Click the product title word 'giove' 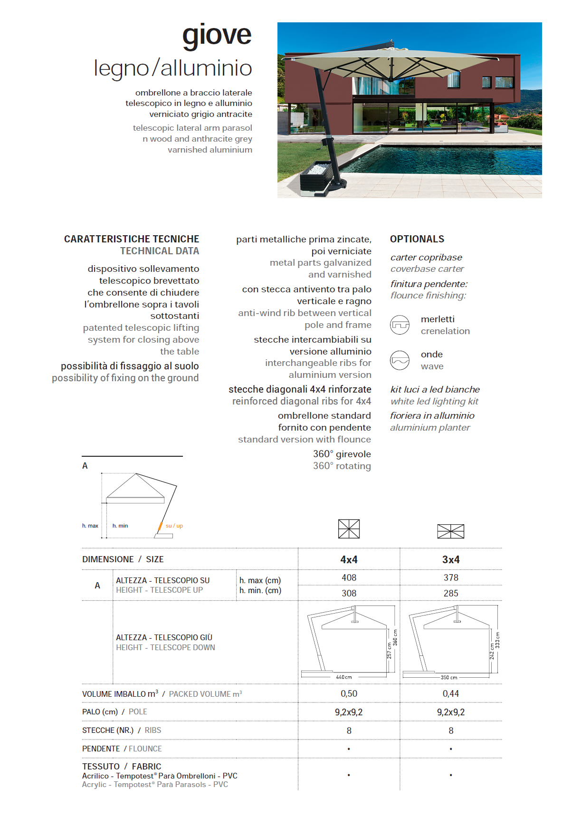pos(217,35)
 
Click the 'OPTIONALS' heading pos(417,239)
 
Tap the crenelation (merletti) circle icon pos(400,325)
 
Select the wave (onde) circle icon pos(400,360)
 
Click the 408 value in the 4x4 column pos(349,577)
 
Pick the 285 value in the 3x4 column pos(451,593)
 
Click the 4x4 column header pos(349,559)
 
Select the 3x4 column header pos(451,559)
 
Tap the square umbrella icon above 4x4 pos(349,529)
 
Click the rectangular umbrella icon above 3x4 pos(450,531)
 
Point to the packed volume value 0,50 pos(349,693)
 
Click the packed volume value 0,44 pos(451,693)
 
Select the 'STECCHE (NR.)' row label pos(108,730)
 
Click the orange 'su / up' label pos(174,526)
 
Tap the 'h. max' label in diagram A pos(90,526)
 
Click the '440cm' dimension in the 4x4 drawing pos(344,677)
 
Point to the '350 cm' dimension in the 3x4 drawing pos(449,677)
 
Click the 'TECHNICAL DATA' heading pos(160,251)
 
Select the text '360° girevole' pos(342,454)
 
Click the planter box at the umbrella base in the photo pos(314,178)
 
